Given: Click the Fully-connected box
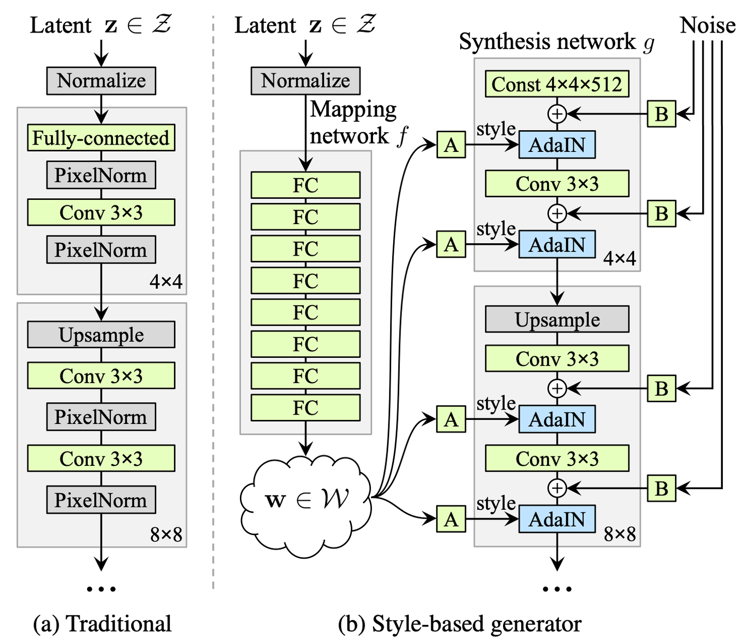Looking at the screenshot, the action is pyautogui.click(x=101, y=138).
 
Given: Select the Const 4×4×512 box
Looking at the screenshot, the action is pyautogui.click(x=557, y=84).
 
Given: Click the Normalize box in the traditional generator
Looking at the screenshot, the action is pyautogui.click(x=101, y=81).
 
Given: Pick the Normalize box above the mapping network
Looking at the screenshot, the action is pyautogui.click(x=305, y=81).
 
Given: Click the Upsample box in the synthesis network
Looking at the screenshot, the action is pyautogui.click(x=557, y=319).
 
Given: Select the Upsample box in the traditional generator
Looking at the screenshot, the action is pyautogui.click(x=101, y=335).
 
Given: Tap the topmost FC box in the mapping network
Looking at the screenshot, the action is pyautogui.click(x=305, y=185).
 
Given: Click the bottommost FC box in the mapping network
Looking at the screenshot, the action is pyautogui.click(x=305, y=407).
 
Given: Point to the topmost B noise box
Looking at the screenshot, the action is pyautogui.click(x=661, y=114).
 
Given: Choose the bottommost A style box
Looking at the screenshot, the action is pyautogui.click(x=451, y=519).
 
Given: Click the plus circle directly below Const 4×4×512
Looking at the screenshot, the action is pyautogui.click(x=557, y=114).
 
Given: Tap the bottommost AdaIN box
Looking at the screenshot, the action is pyautogui.click(x=557, y=519).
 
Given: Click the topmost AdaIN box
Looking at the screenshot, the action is pyautogui.click(x=557, y=145).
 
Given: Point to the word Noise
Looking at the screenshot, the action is pyautogui.click(x=707, y=25).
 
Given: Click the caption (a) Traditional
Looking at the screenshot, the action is pyautogui.click(x=102, y=623).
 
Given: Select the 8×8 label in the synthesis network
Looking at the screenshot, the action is pyautogui.click(x=620, y=534).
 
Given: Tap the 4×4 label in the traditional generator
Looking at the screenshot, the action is pyautogui.click(x=166, y=281).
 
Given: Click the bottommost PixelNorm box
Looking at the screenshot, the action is pyautogui.click(x=101, y=500).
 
